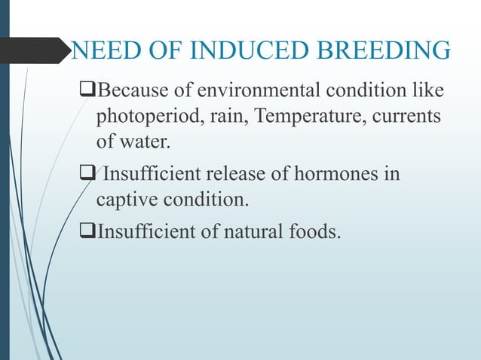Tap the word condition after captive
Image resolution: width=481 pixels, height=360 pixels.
(x=201, y=200)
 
